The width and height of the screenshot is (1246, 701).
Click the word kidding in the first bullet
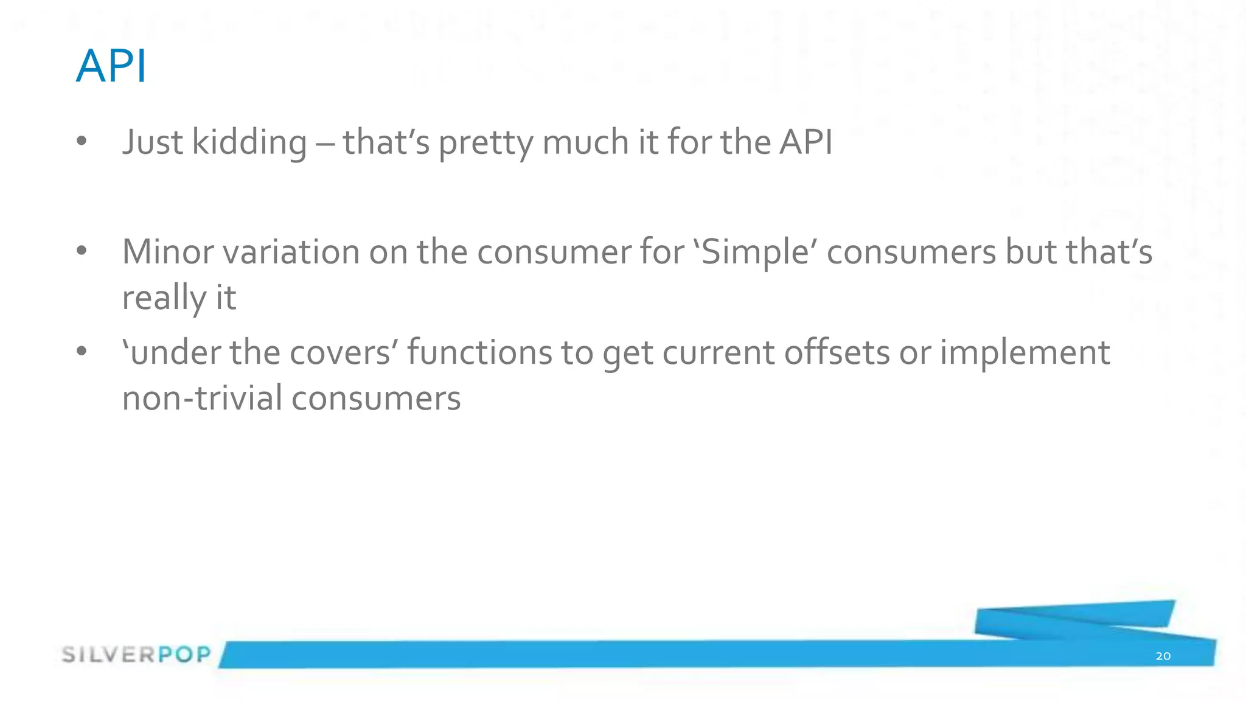tap(249, 143)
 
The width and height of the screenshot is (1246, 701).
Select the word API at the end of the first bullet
tap(806, 142)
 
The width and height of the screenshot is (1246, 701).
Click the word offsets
tap(837, 353)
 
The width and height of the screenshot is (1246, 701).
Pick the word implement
tap(1025, 353)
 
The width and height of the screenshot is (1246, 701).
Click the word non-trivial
tap(201, 399)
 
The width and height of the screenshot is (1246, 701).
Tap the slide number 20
tap(1163, 656)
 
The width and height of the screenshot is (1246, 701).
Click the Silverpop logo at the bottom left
tap(136, 655)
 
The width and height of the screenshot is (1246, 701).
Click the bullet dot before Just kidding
tap(82, 142)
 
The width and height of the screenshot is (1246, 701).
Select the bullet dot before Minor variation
tap(82, 251)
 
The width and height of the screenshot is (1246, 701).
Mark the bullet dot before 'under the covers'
tap(82, 351)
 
